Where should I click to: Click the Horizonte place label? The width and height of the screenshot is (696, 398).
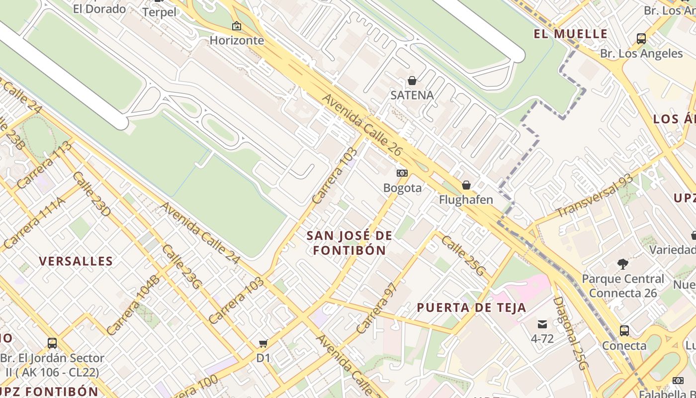tap(237, 40)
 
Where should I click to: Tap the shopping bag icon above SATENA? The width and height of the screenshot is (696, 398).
tap(412, 81)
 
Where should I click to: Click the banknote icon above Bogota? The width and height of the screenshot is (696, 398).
tap(402, 173)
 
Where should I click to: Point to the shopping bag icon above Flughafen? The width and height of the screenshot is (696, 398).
tap(466, 186)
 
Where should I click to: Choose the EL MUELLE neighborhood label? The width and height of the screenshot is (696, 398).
tap(571, 34)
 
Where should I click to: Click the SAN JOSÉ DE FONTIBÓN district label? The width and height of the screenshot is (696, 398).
tap(349, 243)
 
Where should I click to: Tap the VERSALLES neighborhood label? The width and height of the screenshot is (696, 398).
tap(76, 261)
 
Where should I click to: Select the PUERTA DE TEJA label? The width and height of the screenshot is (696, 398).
tap(471, 307)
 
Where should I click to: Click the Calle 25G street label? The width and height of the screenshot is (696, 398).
tap(463, 256)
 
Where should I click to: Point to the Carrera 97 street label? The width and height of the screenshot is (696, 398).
tap(377, 308)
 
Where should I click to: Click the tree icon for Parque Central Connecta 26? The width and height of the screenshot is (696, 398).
tap(622, 264)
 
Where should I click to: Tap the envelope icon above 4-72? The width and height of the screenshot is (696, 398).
tap(542, 325)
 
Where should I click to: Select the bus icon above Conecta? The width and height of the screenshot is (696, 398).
tap(624, 330)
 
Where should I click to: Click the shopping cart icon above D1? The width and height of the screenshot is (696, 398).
tap(263, 343)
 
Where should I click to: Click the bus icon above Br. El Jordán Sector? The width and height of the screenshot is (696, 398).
tap(52, 343)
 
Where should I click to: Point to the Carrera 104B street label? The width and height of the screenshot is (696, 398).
tap(133, 304)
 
